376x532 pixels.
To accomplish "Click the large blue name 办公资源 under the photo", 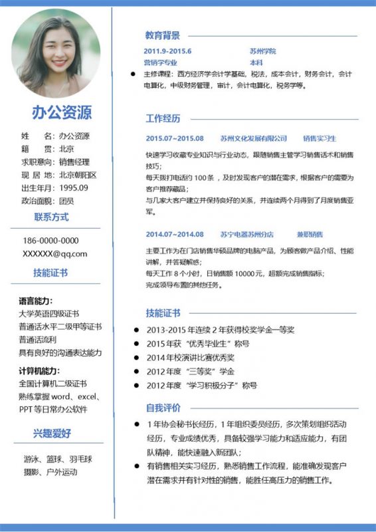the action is pos(62,112).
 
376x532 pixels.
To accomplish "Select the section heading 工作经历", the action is pos(163,119).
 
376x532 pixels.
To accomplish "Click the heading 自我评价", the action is pos(163,407).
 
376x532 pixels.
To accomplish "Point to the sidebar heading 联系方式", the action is pos(52,217).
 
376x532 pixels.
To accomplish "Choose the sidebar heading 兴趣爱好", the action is pos(52,434).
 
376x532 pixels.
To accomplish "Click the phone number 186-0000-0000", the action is pos(50,241).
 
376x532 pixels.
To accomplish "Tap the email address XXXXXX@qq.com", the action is pos(54,253).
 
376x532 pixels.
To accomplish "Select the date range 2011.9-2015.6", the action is pos(167,51).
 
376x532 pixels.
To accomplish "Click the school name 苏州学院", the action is pos(262,51).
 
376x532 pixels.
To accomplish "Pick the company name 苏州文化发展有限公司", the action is pos(254,138).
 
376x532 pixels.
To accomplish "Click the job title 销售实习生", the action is pos(320,138).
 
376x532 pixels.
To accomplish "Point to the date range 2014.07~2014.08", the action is pos(175,234).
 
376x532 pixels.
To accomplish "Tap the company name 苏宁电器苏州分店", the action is pos(247,234).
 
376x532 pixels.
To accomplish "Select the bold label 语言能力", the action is pos(36,301).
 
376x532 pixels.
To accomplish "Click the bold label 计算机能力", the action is pos(39,370).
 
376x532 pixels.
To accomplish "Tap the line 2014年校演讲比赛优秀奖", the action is pos(191,357).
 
